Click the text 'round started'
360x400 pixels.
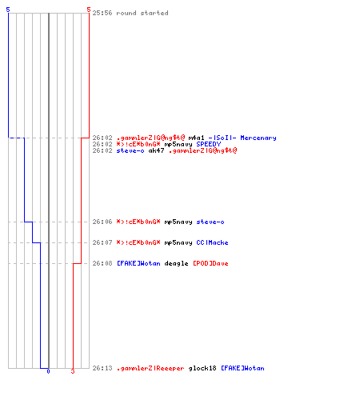coord(142,13)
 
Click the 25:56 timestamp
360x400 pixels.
coord(102,13)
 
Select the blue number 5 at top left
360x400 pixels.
coord(8,10)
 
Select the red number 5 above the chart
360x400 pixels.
coord(89,10)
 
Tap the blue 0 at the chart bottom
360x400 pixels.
coord(48,371)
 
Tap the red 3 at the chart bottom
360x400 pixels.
coord(73,371)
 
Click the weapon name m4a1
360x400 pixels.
coord(196,138)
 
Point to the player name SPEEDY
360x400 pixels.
coord(209,144)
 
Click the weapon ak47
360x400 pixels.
coord(156,150)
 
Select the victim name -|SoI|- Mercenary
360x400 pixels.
coord(242,138)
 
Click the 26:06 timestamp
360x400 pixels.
coord(102,222)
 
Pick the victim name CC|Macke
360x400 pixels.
coord(212,242)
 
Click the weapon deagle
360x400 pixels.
coord(176,264)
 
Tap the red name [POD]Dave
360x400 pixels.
coord(210,263)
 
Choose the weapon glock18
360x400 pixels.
coord(202,369)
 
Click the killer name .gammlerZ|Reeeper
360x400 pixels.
coord(150,369)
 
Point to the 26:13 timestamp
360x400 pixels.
coord(102,368)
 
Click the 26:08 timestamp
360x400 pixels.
coord(102,263)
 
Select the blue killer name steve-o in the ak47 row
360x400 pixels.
coord(130,150)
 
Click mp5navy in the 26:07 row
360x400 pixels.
coord(178,243)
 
